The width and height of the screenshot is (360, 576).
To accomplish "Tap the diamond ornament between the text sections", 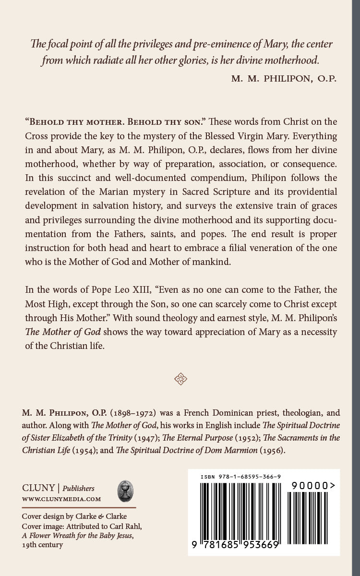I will [180, 379].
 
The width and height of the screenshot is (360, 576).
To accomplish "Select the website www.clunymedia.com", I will [61, 499].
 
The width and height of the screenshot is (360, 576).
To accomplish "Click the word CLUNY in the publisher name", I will [38, 488].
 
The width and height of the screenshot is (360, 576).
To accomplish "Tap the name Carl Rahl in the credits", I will [127, 526].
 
